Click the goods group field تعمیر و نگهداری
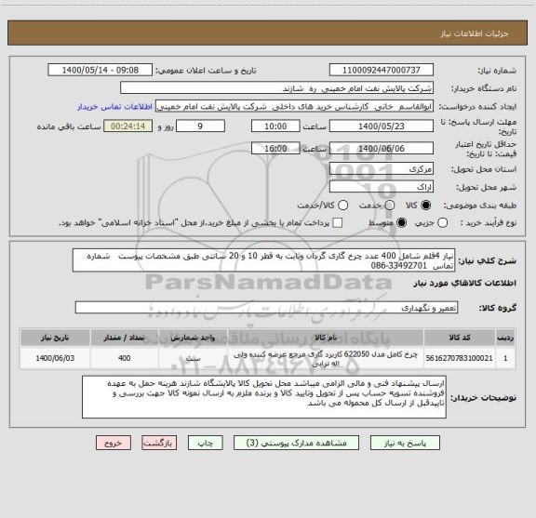point(279,306)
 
